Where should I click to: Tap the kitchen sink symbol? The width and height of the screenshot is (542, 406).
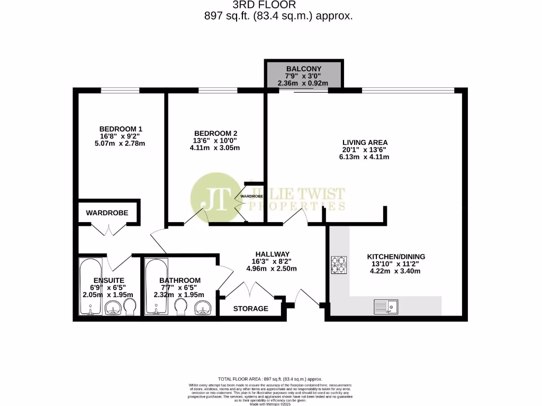click(x=386, y=306)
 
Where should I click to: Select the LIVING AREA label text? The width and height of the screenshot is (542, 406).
click(x=365, y=142)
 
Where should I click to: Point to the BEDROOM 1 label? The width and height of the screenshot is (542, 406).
click(x=121, y=129)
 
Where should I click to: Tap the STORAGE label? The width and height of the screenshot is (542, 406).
click(x=250, y=308)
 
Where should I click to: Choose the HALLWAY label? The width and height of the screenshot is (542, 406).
click(x=272, y=254)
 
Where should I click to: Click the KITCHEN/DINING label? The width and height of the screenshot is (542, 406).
click(x=396, y=257)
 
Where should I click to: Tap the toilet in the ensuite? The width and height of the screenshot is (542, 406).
click(x=130, y=307)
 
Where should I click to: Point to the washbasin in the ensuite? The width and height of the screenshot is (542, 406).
click(x=113, y=308)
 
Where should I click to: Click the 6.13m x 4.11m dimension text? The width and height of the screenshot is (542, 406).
click(x=365, y=156)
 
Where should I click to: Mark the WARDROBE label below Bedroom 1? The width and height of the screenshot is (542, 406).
click(x=109, y=213)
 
